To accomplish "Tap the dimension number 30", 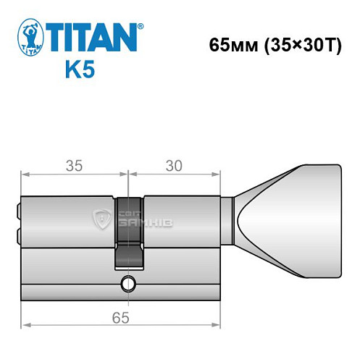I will click(x=174, y=165).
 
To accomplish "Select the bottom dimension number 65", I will click(x=120, y=318).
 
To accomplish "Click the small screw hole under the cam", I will click(x=128, y=282).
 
